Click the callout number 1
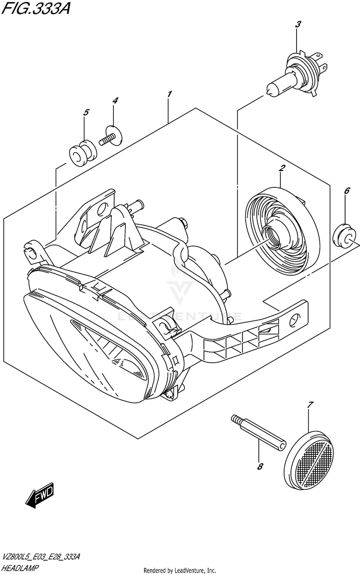[169, 95]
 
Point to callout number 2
[282, 168]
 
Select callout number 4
[115, 100]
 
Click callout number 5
[86, 113]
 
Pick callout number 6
[347, 191]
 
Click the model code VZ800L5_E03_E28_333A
[40, 557]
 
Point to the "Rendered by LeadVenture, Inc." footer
[180, 570]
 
